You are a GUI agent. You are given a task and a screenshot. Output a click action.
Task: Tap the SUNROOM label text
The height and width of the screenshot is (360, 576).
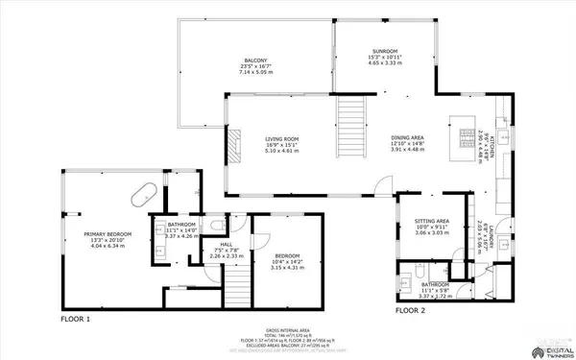coord(384,51)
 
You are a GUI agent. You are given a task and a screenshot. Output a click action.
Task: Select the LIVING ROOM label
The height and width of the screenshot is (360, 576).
coord(282,139)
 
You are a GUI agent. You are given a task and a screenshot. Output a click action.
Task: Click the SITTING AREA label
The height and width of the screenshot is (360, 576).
coord(419,220)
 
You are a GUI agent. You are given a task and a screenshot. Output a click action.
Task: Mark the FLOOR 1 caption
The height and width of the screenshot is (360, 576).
coord(75,318)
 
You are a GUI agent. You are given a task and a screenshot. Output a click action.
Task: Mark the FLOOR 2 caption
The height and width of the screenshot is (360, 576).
coord(410,310)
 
